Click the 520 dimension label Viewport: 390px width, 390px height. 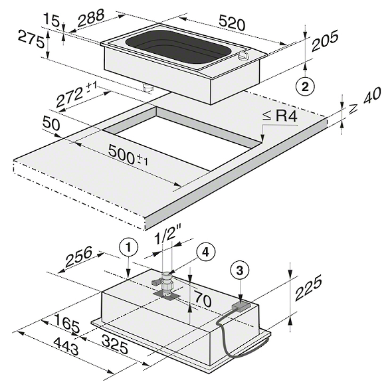(232, 23)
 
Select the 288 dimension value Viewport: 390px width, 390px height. (90, 17)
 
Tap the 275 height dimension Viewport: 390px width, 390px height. (31, 39)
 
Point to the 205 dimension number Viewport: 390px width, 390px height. (325, 41)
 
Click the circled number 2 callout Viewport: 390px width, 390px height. (305, 87)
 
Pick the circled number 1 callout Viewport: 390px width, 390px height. (128, 248)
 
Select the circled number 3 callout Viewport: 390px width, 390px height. (240, 270)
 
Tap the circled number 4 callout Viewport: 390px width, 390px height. (205, 252)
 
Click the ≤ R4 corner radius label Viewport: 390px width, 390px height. (280, 116)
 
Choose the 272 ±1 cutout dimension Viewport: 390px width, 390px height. (76, 95)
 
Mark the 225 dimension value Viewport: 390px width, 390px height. (308, 288)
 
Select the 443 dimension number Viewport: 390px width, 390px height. (66, 346)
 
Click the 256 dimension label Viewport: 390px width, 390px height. (78, 256)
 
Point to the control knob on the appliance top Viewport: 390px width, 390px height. (242, 56)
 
